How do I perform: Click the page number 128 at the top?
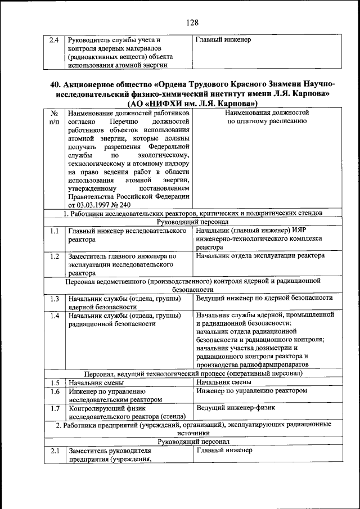(192, 22)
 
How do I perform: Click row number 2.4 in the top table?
(54, 40)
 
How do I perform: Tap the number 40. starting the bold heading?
(55, 84)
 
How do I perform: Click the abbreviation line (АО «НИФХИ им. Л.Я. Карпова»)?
(192, 103)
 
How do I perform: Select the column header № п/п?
(54, 117)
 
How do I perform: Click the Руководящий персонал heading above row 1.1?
(192, 222)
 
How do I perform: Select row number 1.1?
(54, 231)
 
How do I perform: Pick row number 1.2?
(54, 256)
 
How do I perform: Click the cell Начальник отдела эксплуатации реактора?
(260, 256)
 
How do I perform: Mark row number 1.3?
(54, 299)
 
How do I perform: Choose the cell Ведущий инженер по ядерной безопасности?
(264, 298)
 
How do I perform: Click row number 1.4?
(54, 316)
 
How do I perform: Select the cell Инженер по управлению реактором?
(252, 390)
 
